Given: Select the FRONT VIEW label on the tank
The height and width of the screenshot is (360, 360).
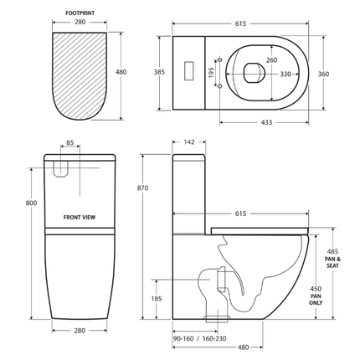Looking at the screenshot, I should (x=80, y=217).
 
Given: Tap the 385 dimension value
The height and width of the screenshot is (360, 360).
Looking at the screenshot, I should (x=158, y=73).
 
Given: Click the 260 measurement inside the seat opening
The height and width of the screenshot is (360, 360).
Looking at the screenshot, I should (x=249, y=60).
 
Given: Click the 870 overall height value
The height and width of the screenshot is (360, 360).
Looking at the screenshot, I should (x=141, y=188).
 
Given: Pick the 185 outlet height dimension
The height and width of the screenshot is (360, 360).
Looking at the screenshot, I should (x=157, y=298).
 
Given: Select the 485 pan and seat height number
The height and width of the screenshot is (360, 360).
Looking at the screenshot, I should (x=332, y=252).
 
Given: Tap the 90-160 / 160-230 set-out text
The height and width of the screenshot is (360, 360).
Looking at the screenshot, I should (x=200, y=339).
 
